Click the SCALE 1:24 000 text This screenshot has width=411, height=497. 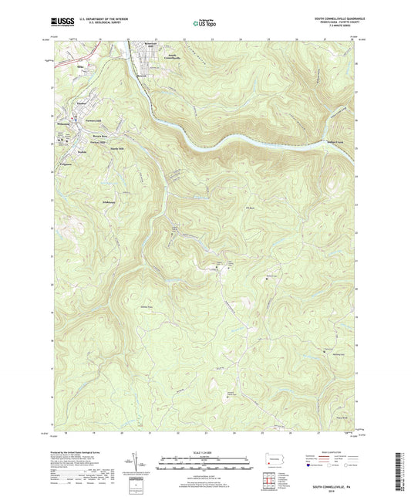(204, 451)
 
